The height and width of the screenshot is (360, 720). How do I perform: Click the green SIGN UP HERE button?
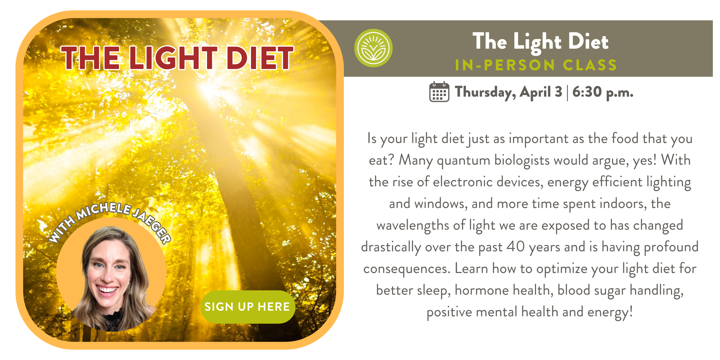click(248, 307)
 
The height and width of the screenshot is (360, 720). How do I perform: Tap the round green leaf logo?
click(373, 48)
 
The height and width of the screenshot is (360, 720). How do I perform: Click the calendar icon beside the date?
click(439, 92)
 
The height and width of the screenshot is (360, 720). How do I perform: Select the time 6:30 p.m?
click(603, 92)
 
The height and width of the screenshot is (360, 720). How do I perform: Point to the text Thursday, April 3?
click(509, 92)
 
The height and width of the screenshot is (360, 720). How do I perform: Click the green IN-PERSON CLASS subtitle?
click(536, 65)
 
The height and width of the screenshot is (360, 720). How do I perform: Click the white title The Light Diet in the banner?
click(541, 42)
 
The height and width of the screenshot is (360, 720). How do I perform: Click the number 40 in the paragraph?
click(516, 247)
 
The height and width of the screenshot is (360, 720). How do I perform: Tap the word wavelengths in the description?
click(413, 226)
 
